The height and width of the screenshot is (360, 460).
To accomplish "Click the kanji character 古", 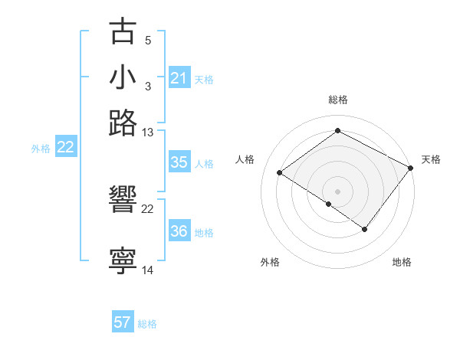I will (123, 32).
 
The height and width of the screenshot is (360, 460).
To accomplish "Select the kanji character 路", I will (123, 123).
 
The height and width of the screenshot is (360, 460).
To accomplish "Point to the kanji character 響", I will (123, 201).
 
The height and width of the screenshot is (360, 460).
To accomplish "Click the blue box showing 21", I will (179, 78).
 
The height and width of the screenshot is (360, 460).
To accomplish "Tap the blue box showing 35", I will (179, 162).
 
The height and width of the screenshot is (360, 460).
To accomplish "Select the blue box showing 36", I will (179, 231).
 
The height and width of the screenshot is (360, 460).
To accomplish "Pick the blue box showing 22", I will (65, 148).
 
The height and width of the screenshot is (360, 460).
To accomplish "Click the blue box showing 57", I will (123, 322).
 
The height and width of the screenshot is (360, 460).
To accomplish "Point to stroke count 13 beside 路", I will (148, 133).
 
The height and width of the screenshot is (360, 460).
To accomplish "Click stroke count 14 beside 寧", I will (148, 270).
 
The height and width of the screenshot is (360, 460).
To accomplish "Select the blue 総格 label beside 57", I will (147, 324).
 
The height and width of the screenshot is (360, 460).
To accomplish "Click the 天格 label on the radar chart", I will (431, 159).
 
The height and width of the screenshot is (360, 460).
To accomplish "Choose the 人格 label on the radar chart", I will (245, 159).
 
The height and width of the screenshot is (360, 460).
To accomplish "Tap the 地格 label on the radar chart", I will (402, 262).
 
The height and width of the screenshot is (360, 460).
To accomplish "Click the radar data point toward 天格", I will (411, 169).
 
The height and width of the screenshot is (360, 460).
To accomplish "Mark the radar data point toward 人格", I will (280, 173).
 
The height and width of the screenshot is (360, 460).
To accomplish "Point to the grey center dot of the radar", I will (337, 191).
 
